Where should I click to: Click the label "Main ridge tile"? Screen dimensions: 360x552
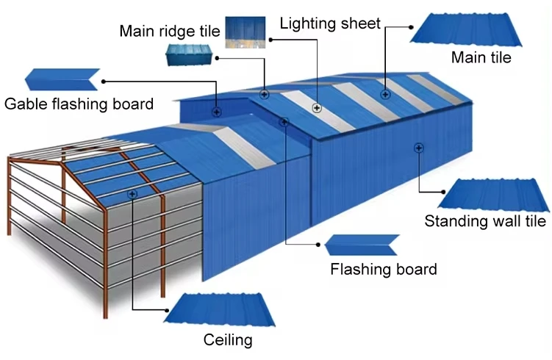pyautogui.click(x=170, y=31)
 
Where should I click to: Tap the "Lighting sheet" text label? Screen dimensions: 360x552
pyautogui.click(x=330, y=23)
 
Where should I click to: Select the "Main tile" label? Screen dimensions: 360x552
pyautogui.click(x=481, y=57)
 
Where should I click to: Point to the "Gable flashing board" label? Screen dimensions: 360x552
pyautogui.click(x=79, y=104)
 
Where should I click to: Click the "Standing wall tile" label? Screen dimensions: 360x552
pyautogui.click(x=485, y=221)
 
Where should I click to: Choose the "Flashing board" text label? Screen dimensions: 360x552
pyautogui.click(x=383, y=269)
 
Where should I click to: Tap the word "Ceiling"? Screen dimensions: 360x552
pyautogui.click(x=228, y=339)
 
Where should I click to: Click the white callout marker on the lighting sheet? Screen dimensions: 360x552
pyautogui.click(x=317, y=107)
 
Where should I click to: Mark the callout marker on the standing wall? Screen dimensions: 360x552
pyautogui.click(x=417, y=148)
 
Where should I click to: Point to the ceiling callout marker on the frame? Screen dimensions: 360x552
pyautogui.click(x=132, y=194)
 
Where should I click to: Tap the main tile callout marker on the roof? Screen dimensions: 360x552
pyautogui.click(x=384, y=94)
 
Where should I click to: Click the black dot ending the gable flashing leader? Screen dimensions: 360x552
pyautogui.click(x=104, y=80)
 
